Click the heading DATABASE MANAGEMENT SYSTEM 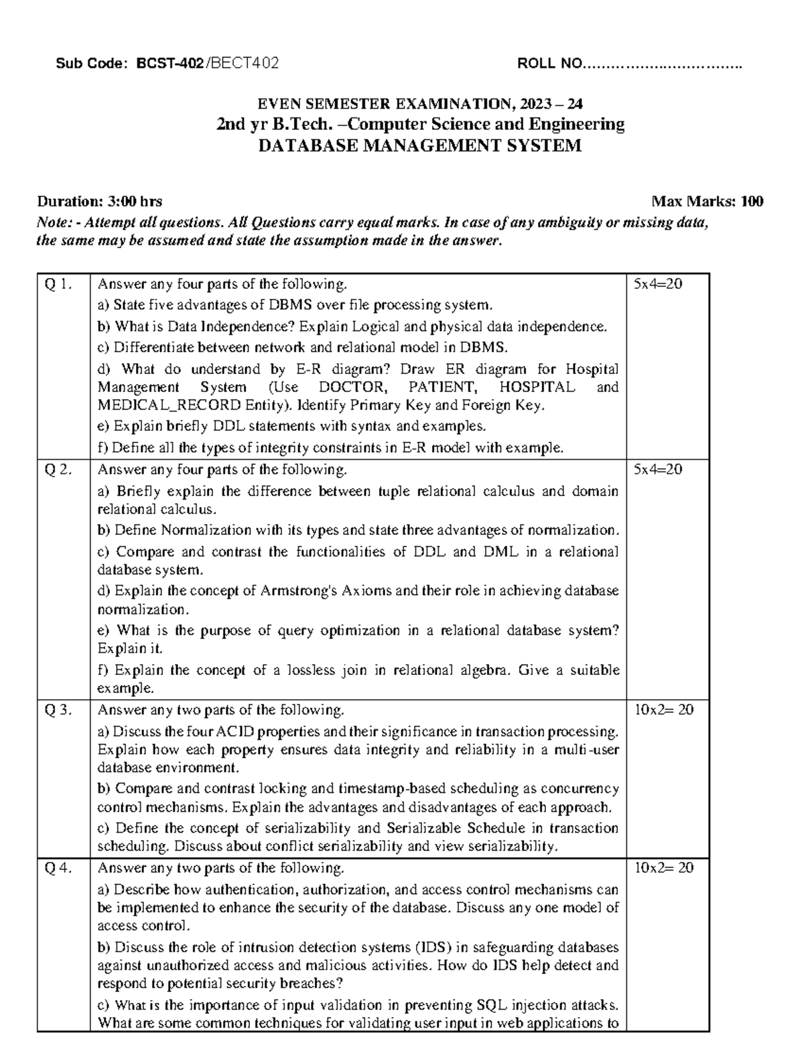coord(420,145)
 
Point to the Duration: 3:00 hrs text coord(99,201)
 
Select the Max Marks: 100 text coord(707,201)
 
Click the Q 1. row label coord(58,284)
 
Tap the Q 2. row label coord(58,469)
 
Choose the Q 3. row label coord(58,710)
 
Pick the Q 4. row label coord(58,868)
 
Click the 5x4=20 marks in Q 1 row coord(658,284)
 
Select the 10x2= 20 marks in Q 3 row coord(663,710)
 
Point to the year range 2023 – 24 coord(549,104)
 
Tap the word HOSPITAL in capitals coord(537,387)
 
